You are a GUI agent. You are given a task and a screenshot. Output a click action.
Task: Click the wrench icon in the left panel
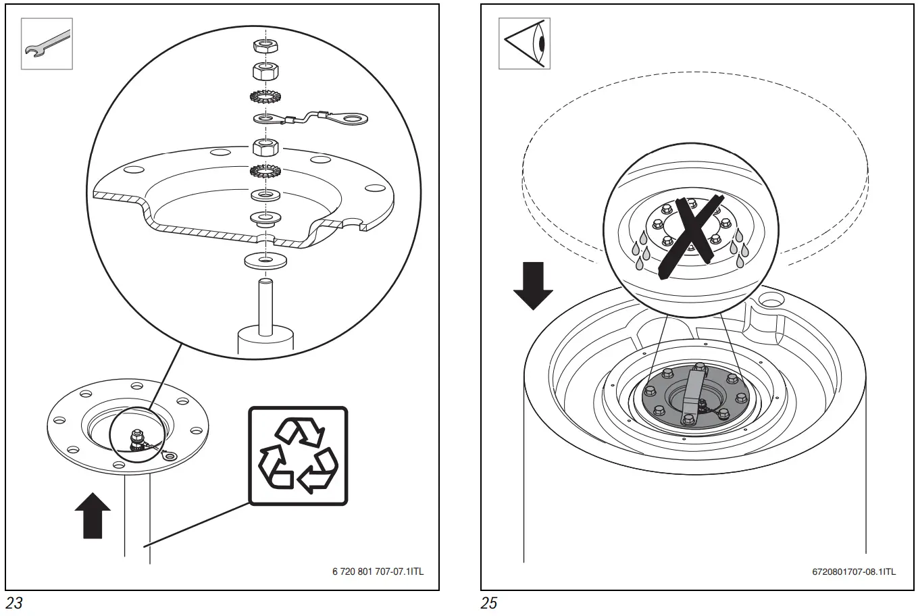tap(47, 44)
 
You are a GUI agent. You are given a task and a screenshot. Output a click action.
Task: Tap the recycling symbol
tap(298, 456)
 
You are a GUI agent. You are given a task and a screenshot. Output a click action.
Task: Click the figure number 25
tap(490, 602)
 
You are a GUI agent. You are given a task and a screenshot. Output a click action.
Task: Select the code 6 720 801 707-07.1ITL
tap(378, 571)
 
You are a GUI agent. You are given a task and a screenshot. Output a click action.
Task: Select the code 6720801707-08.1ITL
tap(854, 571)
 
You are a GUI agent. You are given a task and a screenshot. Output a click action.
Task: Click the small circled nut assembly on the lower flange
tap(135, 440)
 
